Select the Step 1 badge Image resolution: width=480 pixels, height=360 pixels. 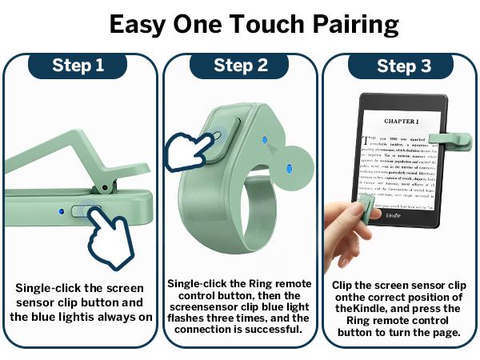click(78, 66)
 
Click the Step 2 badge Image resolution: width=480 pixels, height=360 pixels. click(240, 66)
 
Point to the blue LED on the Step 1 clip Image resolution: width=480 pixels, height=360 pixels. click(62, 212)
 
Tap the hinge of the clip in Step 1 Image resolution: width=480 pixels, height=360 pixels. click(102, 188)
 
